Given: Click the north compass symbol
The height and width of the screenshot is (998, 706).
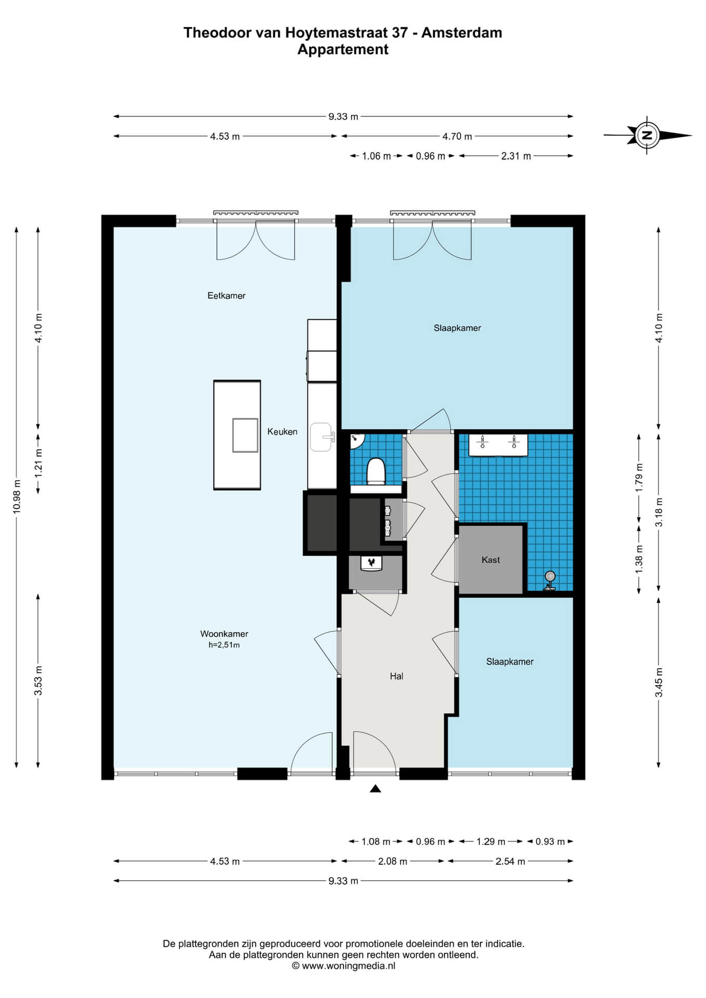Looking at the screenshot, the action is [647, 135].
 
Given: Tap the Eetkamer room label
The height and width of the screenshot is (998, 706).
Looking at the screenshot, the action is [226, 296].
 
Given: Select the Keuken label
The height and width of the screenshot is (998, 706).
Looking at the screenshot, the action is [282, 431].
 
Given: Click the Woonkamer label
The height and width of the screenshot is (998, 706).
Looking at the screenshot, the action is [224, 634].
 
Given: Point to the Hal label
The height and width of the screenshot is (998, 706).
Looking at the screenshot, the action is [397, 676].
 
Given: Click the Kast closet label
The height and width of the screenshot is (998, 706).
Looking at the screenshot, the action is [491, 560].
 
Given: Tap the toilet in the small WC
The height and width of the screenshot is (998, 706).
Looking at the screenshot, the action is [376, 471].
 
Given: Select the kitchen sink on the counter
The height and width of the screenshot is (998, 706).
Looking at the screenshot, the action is [322, 437].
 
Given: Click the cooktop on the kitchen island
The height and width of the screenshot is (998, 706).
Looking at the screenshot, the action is [245, 435].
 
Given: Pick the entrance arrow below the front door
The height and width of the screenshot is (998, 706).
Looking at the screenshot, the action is [375, 789].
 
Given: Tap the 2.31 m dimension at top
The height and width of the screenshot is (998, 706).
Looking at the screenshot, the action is [516, 156].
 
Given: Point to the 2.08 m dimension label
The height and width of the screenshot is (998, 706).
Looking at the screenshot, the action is [393, 861].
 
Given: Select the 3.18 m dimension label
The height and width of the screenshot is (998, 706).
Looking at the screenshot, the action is [659, 512].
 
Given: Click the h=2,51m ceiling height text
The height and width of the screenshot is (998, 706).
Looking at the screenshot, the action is [224, 645].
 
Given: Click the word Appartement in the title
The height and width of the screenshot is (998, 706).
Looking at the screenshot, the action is [343, 49].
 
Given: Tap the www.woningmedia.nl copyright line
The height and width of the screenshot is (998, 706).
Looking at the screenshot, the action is [344, 966].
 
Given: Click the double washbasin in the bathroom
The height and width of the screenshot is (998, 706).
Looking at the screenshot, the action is [499, 444].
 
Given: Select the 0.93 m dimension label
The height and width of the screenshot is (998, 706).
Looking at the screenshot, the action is [550, 842].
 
